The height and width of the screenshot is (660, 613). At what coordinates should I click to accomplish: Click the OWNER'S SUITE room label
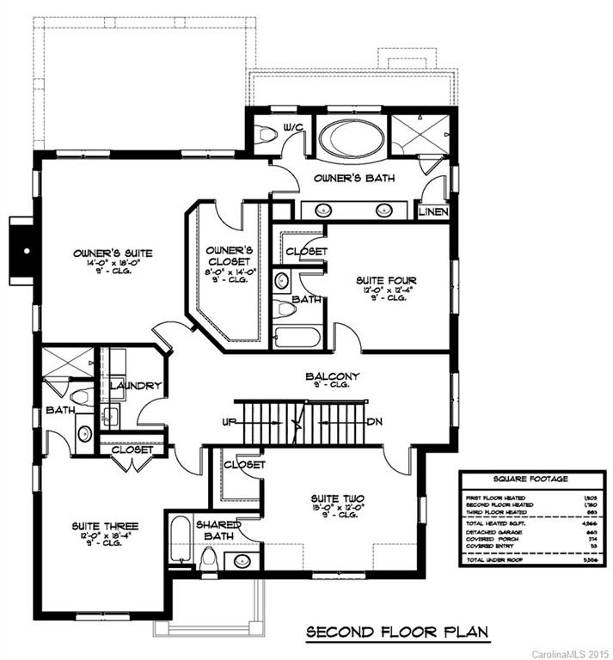(x=113, y=253)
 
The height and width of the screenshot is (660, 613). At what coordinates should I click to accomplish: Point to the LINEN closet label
(x=432, y=211)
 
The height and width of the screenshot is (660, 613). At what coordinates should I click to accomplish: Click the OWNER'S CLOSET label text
(x=229, y=255)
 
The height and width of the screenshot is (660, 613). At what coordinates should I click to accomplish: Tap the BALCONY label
(x=331, y=376)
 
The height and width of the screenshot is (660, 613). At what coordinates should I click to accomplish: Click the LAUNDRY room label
(x=136, y=386)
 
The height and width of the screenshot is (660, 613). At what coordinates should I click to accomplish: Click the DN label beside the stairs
(x=374, y=423)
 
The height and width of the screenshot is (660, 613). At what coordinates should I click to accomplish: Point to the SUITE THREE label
(x=106, y=525)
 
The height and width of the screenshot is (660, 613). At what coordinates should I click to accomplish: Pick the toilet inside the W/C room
(x=270, y=134)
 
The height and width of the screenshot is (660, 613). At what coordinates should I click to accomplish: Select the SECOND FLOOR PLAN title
(x=398, y=633)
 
